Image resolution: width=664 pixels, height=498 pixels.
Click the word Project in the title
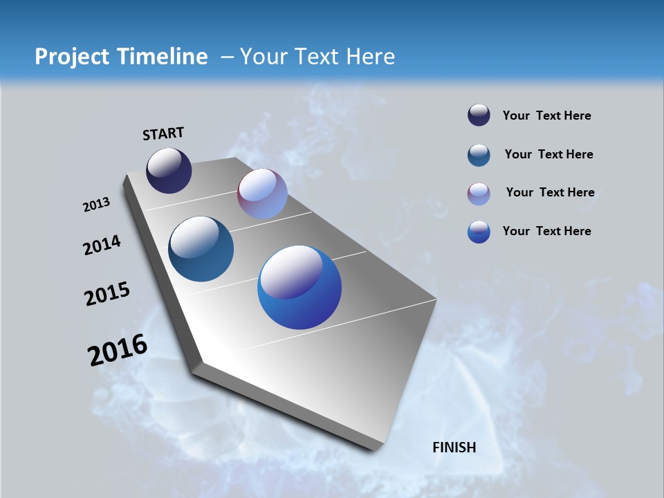[71, 57]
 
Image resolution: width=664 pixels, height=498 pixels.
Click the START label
[163, 133]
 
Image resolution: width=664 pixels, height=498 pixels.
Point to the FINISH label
[454, 448]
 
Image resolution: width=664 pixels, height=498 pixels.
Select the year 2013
[96, 205]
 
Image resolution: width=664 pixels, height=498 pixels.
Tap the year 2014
[102, 246]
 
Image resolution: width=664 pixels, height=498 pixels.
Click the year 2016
[118, 350]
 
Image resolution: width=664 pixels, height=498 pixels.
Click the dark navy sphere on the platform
[169, 170]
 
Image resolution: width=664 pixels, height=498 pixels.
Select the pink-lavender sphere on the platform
[262, 194]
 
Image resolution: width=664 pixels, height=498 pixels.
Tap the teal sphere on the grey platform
[201, 249]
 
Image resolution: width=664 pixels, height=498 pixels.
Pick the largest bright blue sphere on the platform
[299, 287]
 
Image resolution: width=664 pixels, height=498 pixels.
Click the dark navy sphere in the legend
[479, 116]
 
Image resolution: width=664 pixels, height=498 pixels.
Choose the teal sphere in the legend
[479, 155]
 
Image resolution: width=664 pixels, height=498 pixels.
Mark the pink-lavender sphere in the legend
[479, 194]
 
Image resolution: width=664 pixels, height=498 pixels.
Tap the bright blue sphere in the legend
[479, 232]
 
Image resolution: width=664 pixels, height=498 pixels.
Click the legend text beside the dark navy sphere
[546, 116]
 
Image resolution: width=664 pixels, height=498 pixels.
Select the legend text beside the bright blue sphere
[546, 231]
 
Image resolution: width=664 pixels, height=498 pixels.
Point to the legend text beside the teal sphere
[548, 154]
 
